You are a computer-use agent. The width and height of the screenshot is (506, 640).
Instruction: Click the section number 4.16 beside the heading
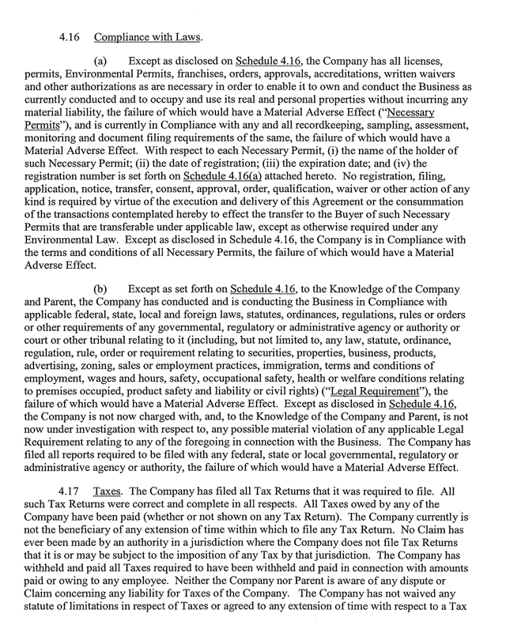point(70,36)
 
